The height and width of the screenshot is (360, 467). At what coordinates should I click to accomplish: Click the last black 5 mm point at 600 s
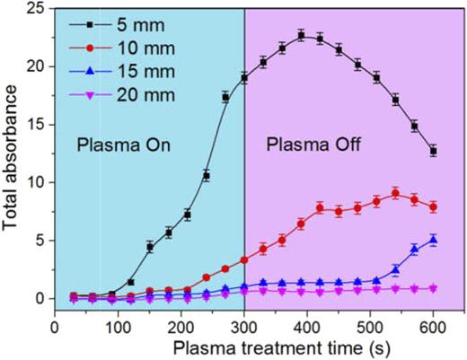[433, 151]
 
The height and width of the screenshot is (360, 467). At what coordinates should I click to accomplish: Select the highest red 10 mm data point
[395, 193]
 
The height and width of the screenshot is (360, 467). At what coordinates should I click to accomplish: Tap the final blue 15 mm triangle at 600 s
[433, 240]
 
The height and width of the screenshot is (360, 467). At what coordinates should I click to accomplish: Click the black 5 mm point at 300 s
[244, 78]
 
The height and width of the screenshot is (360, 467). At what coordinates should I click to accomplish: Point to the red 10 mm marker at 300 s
[244, 260]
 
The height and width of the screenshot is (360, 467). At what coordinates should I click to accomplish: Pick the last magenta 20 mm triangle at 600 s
[433, 288]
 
